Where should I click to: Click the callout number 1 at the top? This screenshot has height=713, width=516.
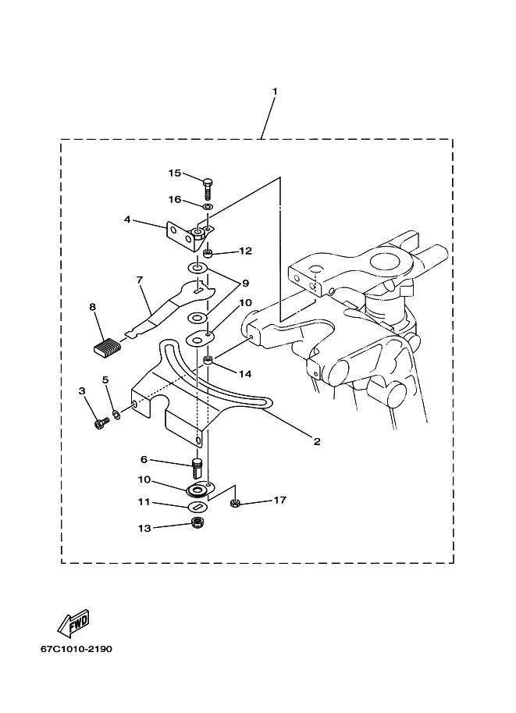(275, 91)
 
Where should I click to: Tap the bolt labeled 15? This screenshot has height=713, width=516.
(208, 187)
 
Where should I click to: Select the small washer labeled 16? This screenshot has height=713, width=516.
(207, 208)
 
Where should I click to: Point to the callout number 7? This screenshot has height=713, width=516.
(140, 280)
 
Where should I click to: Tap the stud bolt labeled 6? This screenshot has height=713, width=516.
(197, 469)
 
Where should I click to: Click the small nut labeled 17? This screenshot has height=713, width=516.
(235, 503)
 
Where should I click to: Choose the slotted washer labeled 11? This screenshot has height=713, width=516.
(198, 507)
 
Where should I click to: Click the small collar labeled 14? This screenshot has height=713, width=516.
(208, 362)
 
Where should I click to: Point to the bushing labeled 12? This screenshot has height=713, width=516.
(208, 252)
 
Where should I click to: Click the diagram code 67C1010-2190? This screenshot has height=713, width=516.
(77, 649)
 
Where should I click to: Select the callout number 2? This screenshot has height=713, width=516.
(317, 441)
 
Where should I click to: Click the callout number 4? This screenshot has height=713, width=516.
(127, 219)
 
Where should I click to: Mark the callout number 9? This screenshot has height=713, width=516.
(245, 283)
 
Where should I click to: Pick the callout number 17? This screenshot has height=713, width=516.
(280, 500)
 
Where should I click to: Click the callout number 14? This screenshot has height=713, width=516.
(245, 374)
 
